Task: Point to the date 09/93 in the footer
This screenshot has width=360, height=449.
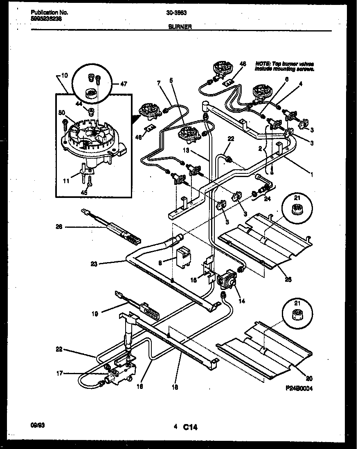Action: pyautogui.click(x=38, y=426)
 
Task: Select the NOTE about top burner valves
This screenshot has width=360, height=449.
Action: pyautogui.click(x=284, y=67)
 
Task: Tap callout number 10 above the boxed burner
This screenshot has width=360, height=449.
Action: pyautogui.click(x=64, y=76)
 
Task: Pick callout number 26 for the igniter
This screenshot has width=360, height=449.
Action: pyautogui.click(x=59, y=227)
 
